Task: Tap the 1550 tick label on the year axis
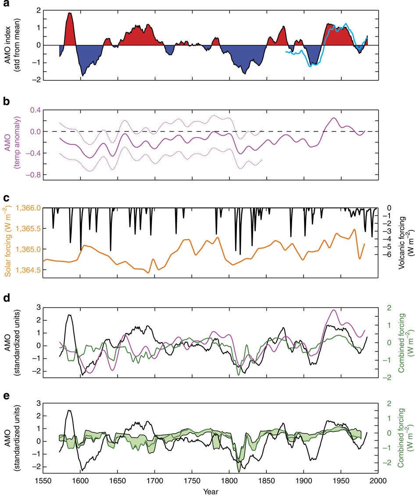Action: pos(43,479)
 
